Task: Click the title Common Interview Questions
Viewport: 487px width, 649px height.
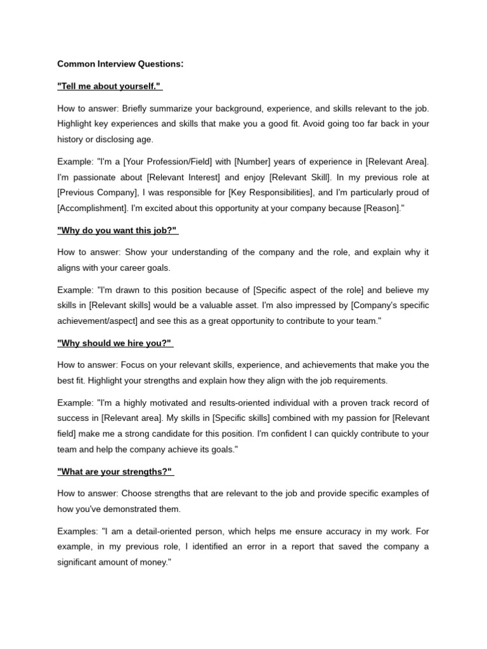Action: click(x=120, y=63)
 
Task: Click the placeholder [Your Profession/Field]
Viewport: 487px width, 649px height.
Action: click(x=162, y=163)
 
